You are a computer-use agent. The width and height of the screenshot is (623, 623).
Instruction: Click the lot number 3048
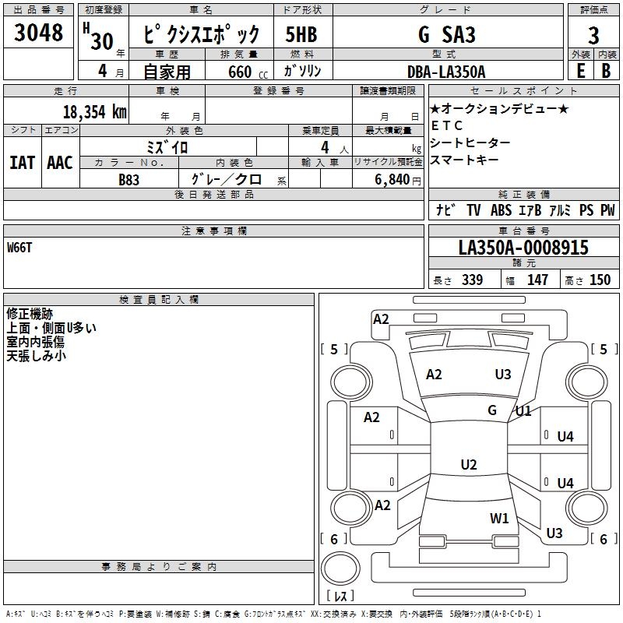(38, 33)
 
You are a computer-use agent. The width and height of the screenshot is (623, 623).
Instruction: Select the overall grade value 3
(593, 36)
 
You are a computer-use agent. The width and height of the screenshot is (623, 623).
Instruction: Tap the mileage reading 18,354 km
(95, 112)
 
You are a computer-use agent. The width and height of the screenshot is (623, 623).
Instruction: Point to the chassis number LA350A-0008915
(523, 247)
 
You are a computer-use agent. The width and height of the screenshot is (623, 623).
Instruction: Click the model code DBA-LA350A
(446, 72)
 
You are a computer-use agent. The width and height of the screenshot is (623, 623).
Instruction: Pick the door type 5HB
(301, 34)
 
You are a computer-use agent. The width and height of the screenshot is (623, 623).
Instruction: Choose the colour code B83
(128, 180)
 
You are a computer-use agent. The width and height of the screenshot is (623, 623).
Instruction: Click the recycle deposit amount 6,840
(392, 180)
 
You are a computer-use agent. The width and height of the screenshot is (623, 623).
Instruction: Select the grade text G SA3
(446, 34)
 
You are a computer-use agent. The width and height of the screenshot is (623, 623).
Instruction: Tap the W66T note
(19, 248)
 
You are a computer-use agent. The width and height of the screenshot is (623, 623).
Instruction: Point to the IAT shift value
(23, 163)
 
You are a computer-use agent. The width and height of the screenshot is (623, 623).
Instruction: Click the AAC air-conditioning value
(60, 163)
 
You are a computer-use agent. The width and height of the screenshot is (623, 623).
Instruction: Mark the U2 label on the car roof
(469, 464)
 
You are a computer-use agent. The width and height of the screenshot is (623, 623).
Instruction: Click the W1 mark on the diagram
(499, 518)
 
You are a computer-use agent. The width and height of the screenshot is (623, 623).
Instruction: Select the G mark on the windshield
(492, 410)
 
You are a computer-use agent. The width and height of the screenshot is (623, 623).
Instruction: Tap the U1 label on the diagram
(523, 411)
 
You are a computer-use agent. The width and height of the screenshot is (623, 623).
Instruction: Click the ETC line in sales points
(446, 125)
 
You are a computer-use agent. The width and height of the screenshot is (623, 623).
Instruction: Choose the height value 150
(600, 280)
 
